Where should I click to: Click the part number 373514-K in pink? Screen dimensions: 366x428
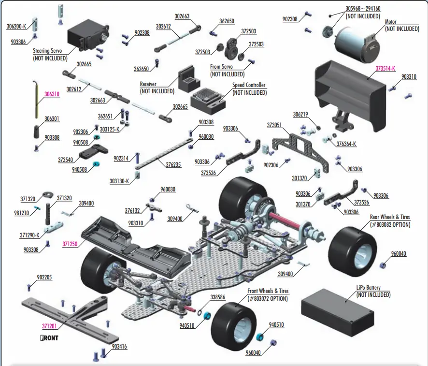pos(385,69)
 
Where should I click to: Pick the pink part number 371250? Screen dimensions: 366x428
pos(70,245)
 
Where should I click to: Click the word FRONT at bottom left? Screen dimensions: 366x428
pos(49,338)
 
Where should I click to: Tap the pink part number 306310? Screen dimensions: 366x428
pos(52,95)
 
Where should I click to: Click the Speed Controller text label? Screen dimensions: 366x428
pos(249,86)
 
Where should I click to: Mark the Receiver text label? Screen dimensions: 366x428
pos(148,84)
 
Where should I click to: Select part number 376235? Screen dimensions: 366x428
pos(173,165)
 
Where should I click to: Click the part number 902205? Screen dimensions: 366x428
pos(45,278)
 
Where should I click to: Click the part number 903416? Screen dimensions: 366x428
pos(119,347)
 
